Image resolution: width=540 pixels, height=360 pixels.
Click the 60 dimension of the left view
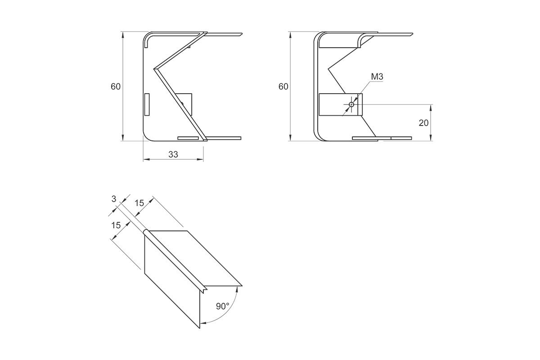click(116, 86)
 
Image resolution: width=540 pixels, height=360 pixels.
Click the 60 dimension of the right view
click(283, 86)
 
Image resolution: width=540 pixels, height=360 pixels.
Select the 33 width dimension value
click(173, 154)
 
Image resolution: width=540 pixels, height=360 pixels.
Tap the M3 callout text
click(377, 76)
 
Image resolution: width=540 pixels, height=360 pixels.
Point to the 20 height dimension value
click(423, 123)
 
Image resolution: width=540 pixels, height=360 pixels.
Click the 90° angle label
click(222, 306)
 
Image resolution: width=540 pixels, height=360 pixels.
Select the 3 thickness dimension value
click(114, 199)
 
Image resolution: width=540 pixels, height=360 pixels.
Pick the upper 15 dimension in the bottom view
click(139, 203)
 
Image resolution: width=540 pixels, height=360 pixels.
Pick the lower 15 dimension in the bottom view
click(116, 225)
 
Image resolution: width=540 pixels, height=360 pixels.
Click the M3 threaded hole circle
click(351, 104)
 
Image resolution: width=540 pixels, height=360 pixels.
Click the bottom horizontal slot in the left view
click(188, 138)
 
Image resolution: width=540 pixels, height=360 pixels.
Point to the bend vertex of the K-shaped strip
click(155, 69)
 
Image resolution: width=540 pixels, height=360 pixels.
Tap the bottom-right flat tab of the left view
click(224, 138)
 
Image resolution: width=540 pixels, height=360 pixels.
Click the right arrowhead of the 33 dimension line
click(201, 159)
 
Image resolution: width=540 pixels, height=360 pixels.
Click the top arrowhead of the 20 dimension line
click(431, 108)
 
